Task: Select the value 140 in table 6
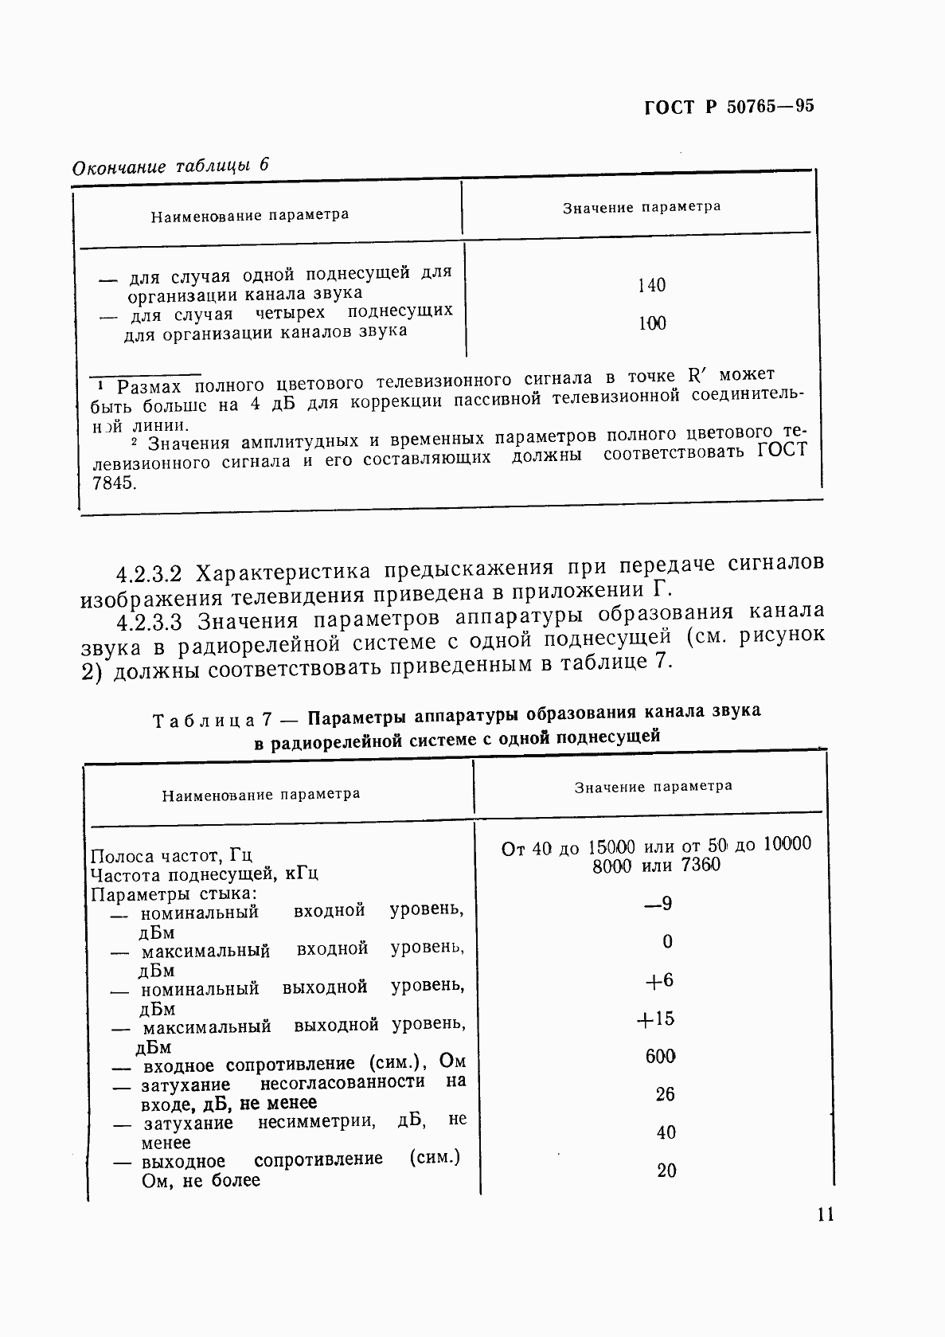[x=651, y=285]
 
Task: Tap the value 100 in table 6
[x=652, y=323]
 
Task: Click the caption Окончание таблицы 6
[x=171, y=166]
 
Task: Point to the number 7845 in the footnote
[x=114, y=483]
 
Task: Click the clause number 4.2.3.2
[x=150, y=573]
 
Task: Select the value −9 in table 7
[x=658, y=904]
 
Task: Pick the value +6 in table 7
[x=659, y=980]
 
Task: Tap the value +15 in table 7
[x=656, y=1018]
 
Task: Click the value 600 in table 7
[x=661, y=1057]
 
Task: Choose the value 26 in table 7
[x=666, y=1095]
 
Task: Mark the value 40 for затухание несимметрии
[x=666, y=1132]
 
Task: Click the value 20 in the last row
[x=666, y=1171]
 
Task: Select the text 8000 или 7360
[x=656, y=866]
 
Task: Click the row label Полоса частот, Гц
[x=171, y=856]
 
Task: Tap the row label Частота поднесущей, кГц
[x=205, y=874]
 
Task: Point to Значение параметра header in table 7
[x=653, y=787]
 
